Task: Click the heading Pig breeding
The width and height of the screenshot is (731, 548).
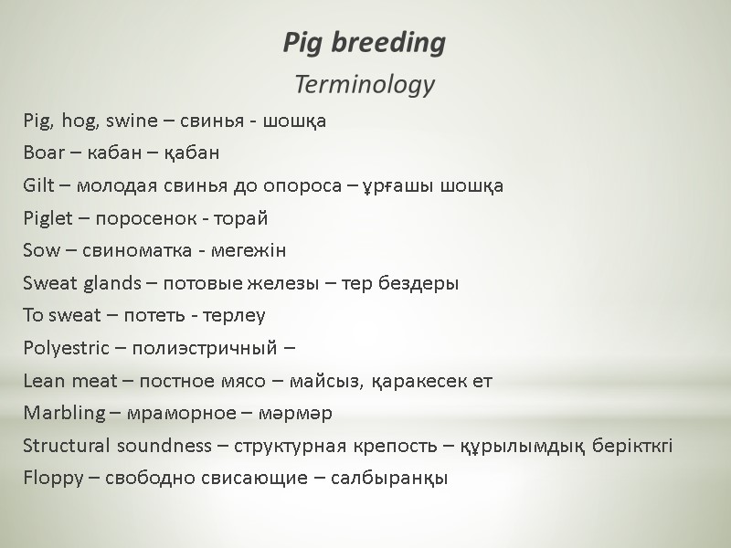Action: point(364,43)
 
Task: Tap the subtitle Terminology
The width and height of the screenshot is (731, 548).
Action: point(364,86)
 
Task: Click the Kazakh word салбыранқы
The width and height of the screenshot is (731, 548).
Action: point(396,479)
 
